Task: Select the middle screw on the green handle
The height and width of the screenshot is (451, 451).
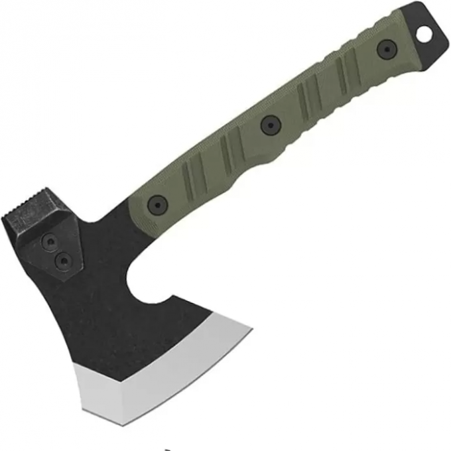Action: click(269, 124)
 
